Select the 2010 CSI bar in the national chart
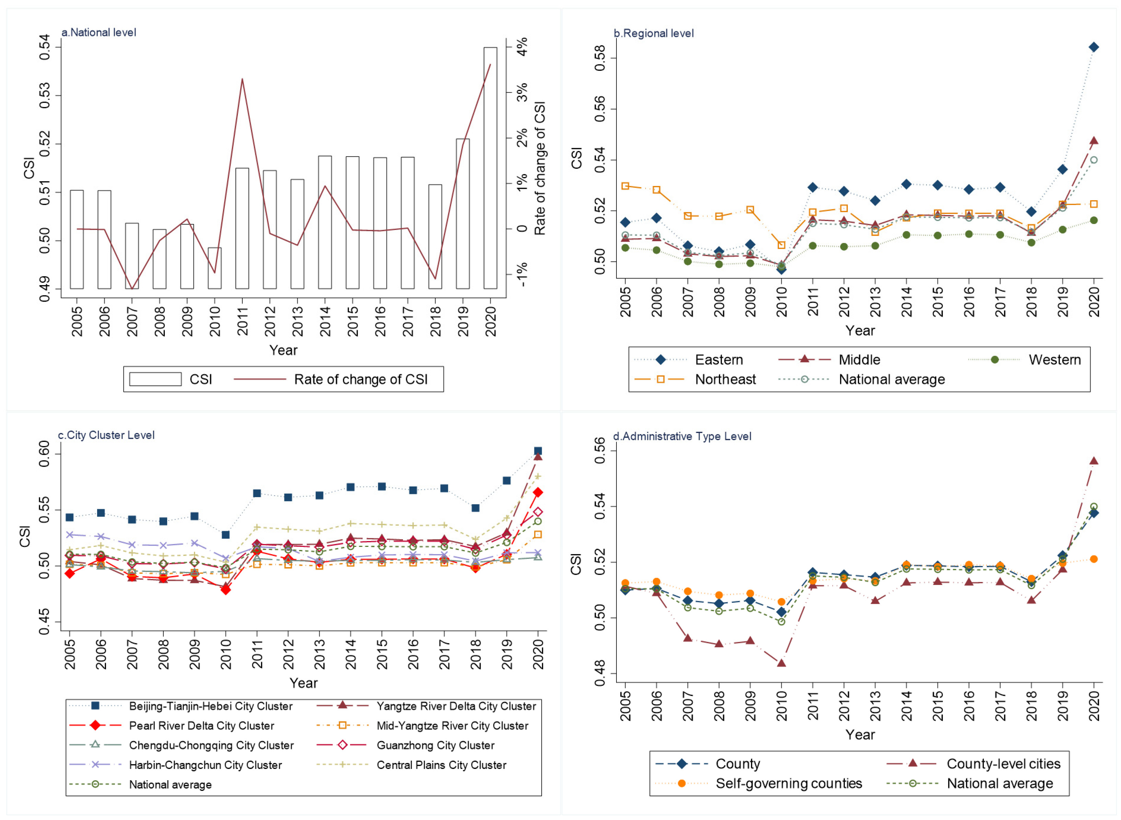(215, 268)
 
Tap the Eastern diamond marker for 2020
(1093, 47)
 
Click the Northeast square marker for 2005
(625, 186)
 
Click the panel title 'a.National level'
(98, 33)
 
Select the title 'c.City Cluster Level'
(106, 435)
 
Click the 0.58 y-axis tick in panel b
(600, 58)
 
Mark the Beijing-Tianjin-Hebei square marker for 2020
(538, 451)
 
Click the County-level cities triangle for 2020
(1093, 461)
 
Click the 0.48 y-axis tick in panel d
(600, 673)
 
